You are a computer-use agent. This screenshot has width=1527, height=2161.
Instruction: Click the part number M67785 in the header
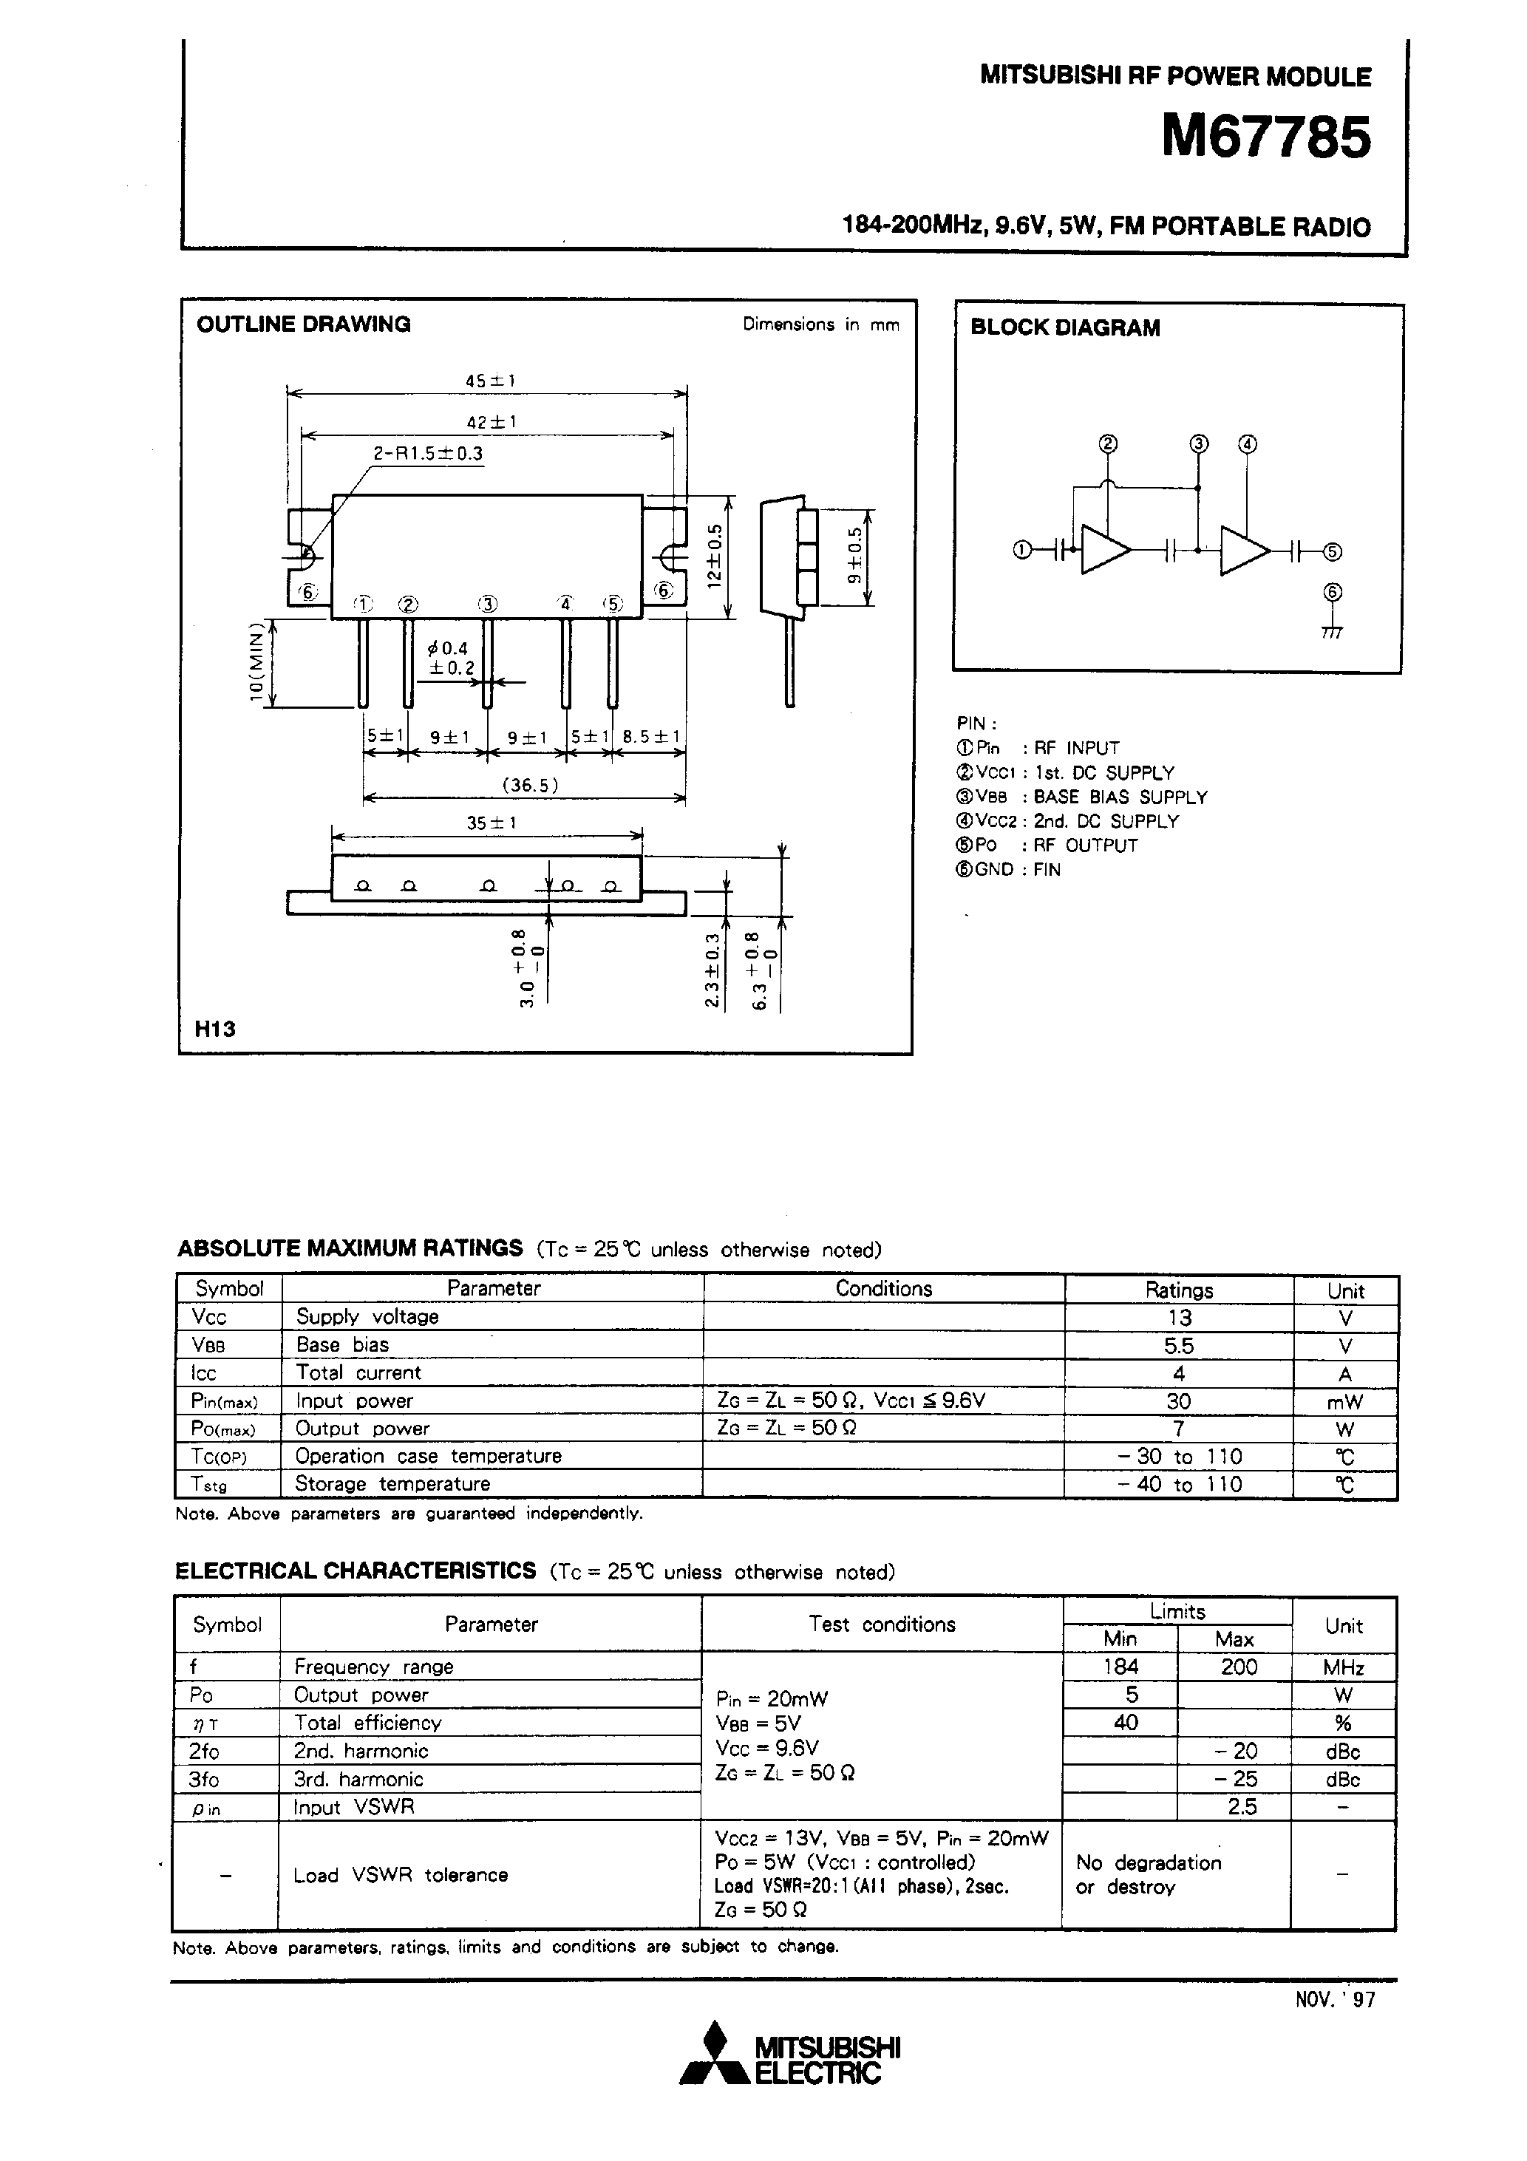point(1265,139)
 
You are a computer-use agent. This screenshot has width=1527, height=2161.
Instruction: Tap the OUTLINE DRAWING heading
point(303,324)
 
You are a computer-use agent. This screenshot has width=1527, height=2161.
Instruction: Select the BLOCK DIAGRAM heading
point(1065,328)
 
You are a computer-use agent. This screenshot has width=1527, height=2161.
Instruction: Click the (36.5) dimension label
point(530,785)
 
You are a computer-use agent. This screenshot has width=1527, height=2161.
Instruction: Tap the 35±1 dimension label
point(492,823)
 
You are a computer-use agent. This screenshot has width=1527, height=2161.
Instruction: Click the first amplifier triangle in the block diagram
point(1103,550)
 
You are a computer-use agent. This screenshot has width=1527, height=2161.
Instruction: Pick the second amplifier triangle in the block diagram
point(1242,551)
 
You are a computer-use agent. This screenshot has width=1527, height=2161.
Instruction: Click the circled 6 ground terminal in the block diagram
point(1331,593)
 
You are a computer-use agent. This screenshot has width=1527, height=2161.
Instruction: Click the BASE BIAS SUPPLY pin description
point(1120,797)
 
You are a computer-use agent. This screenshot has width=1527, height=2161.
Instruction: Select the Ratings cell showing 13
point(1179,1318)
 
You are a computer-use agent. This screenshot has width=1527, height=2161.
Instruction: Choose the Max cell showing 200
point(1238,1667)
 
